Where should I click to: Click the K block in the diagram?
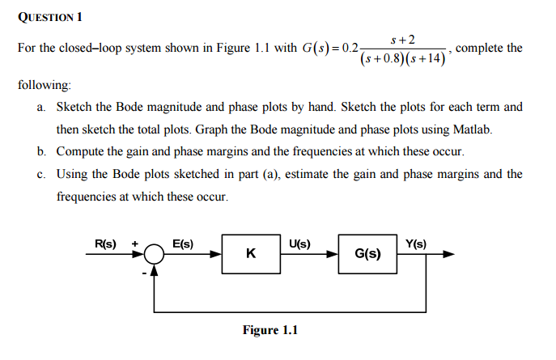(251, 254)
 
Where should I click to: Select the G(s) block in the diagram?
(368, 254)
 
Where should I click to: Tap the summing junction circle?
(155, 254)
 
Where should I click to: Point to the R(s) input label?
(105, 244)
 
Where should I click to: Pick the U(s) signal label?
(299, 243)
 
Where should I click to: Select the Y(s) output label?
(416, 243)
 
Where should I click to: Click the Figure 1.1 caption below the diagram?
(270, 330)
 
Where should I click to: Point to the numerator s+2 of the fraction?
(402, 39)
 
